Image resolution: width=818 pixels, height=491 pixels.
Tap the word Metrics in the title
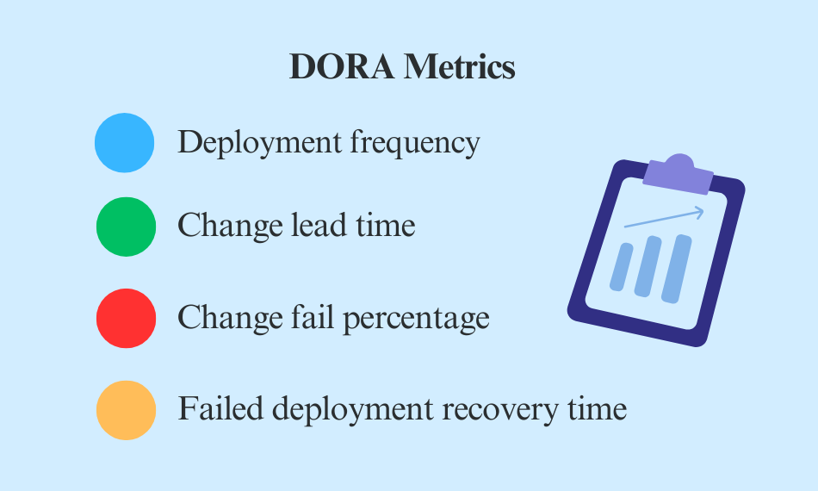(x=460, y=67)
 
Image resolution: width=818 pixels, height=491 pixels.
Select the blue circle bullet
(x=125, y=143)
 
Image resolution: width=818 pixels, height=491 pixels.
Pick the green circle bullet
(x=126, y=227)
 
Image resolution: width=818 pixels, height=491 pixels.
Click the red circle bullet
(x=126, y=319)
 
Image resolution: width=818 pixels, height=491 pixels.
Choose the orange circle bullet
(x=126, y=410)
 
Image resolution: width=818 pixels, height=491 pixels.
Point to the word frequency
(x=413, y=143)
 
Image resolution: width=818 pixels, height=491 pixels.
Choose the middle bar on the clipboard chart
(x=648, y=266)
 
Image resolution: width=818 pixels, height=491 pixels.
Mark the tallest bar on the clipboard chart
(x=676, y=269)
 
